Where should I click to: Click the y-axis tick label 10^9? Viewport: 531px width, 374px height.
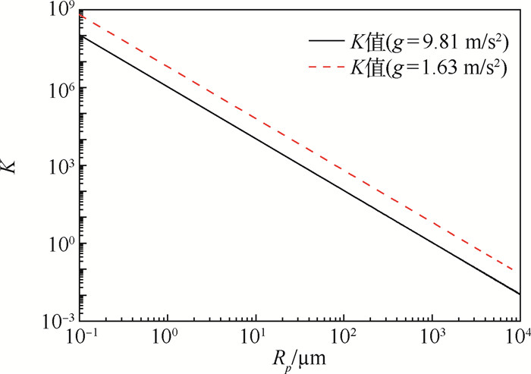[x=60, y=11]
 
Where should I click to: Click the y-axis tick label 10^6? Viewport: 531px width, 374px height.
[x=60, y=89]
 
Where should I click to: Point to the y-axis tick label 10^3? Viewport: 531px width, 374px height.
[x=60, y=166]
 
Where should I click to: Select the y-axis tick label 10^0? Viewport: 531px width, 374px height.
[x=60, y=244]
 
